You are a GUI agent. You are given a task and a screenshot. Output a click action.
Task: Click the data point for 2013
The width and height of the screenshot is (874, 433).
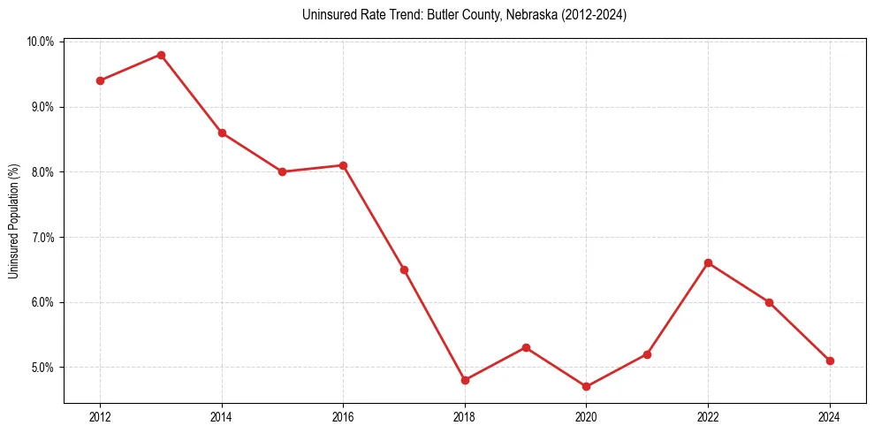pyautogui.click(x=161, y=55)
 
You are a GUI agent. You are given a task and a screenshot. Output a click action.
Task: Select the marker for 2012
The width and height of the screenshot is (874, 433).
pyautogui.click(x=100, y=80)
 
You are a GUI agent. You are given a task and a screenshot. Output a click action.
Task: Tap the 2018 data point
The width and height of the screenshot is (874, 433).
pyautogui.click(x=465, y=380)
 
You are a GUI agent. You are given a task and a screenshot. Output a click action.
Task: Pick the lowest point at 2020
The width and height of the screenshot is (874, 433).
pyautogui.click(x=586, y=386)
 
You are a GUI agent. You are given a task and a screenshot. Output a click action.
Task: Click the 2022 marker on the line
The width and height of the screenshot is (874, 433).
pyautogui.click(x=708, y=262)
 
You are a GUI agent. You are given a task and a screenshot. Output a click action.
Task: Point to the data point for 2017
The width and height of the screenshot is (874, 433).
pyautogui.click(x=404, y=270)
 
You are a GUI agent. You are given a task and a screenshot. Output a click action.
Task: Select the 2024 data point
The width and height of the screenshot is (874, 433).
pyautogui.click(x=830, y=361)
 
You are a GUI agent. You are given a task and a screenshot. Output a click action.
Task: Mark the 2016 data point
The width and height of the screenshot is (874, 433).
pyautogui.click(x=343, y=165)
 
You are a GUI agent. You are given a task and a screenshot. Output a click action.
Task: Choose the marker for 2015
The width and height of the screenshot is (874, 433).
pyautogui.click(x=282, y=171)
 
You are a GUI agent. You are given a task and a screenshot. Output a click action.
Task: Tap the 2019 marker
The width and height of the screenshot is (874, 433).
pyautogui.click(x=526, y=347)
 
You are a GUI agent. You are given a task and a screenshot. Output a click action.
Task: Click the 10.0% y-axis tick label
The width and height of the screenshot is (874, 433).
pyautogui.click(x=41, y=42)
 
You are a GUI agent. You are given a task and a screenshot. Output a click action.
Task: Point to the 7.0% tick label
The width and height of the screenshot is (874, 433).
pyautogui.click(x=42, y=237)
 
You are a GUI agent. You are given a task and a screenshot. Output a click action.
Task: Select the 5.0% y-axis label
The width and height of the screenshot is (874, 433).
pyautogui.click(x=42, y=368)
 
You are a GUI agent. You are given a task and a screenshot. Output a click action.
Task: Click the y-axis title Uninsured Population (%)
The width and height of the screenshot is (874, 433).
pyautogui.click(x=13, y=222)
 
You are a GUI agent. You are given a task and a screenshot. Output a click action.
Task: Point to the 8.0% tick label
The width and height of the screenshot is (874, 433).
pyautogui.click(x=42, y=172)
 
